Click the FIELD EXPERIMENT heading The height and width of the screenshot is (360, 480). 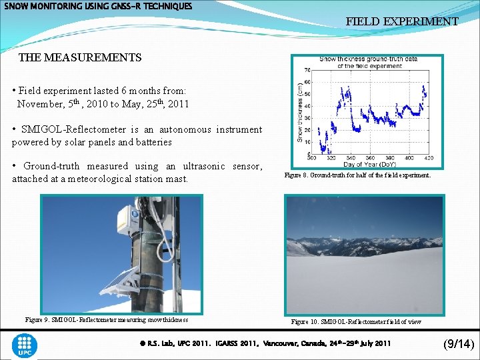[401, 21]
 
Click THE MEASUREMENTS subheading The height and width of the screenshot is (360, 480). [80, 57]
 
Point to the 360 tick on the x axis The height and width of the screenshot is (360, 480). [311, 159]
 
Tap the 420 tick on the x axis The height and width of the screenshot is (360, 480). [428, 159]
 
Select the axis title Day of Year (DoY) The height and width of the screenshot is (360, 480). [370, 164]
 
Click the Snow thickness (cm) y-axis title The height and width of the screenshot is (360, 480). [299, 111]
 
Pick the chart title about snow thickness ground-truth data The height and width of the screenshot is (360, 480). [368, 62]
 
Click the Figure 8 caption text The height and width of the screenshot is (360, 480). [357, 175]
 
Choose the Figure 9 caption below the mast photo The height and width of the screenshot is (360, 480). [107, 320]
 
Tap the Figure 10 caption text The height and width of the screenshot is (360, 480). [356, 322]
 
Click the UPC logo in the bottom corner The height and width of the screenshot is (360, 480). [25, 345]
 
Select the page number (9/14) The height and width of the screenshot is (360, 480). [458, 344]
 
